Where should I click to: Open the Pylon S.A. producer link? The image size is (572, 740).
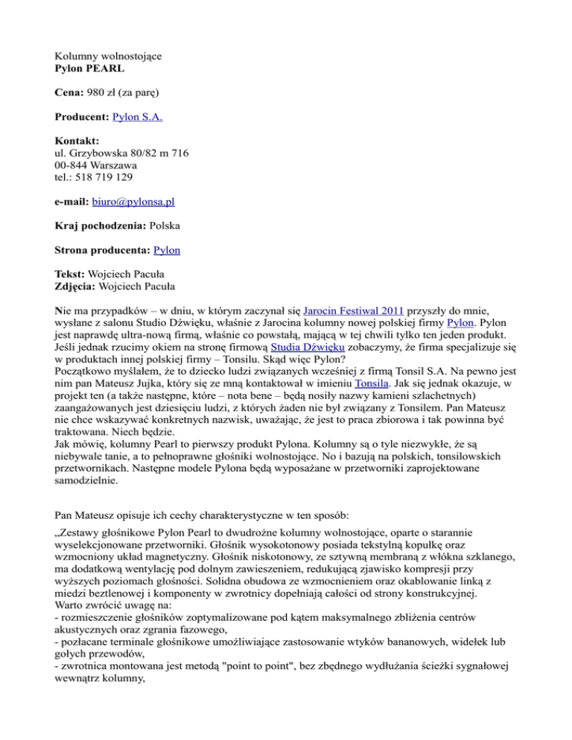137,117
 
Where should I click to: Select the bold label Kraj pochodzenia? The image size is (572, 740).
101,224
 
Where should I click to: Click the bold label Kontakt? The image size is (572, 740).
80,141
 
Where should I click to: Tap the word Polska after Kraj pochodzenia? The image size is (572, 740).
168,224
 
